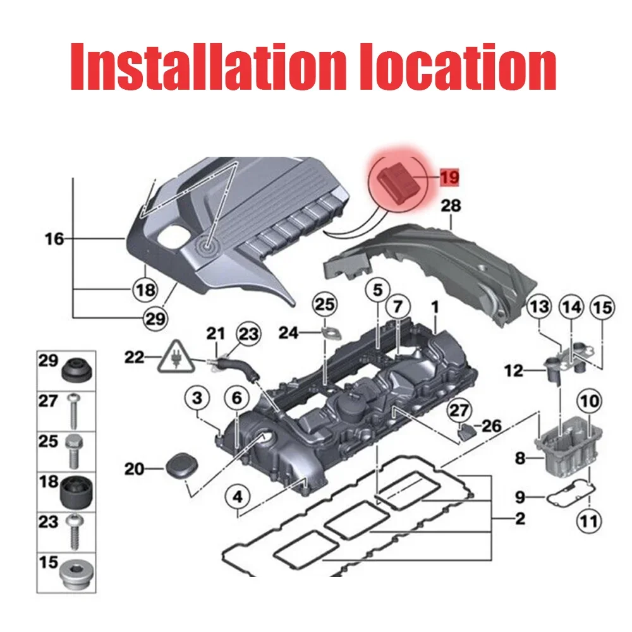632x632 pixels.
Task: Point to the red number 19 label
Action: pos(449,178)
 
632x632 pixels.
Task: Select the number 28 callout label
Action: pos(451,206)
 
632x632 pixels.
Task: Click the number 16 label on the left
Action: pos(55,239)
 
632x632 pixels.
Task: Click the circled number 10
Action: pos(589,401)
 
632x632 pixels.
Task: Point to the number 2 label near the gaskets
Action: pos(520,520)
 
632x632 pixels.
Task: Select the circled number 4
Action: pos(237,497)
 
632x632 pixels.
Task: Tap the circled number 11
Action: pos(588,523)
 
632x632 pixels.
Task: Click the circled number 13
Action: pos(540,308)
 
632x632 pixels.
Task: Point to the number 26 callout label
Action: pos(492,426)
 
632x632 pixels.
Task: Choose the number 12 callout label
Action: pos(514,371)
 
